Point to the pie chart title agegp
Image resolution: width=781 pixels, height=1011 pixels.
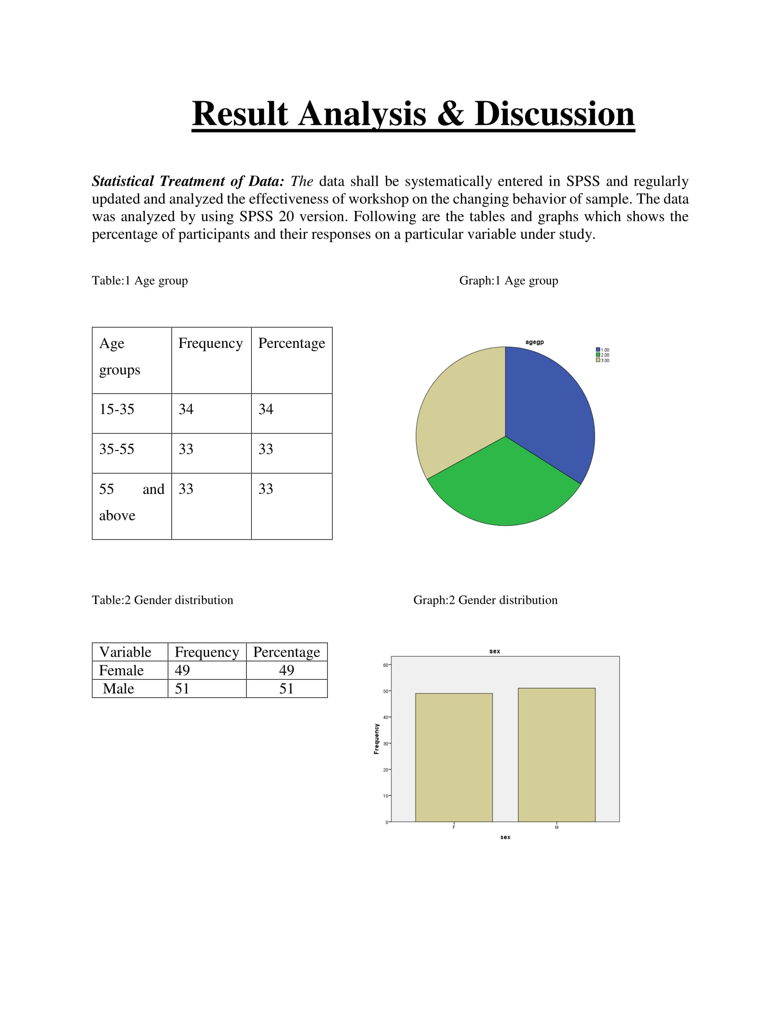[534, 342]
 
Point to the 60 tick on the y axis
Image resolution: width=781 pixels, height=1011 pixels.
[386, 665]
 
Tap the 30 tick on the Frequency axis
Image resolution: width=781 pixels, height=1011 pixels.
[386, 744]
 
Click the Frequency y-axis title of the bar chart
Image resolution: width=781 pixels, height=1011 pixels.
[376, 739]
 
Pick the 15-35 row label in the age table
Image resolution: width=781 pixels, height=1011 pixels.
[117, 409]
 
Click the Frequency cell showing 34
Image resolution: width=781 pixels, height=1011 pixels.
[186, 409]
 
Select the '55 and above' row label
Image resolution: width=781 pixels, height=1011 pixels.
[131, 502]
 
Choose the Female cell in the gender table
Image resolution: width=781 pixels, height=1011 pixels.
[121, 670]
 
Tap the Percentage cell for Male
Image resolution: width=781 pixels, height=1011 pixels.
[286, 689]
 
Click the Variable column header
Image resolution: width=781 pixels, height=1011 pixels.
[125, 652]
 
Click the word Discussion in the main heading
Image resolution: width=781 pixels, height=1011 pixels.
[555, 114]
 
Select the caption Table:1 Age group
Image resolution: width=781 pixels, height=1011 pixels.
[140, 280]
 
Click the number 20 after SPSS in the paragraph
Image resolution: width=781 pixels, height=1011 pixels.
[286, 216]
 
